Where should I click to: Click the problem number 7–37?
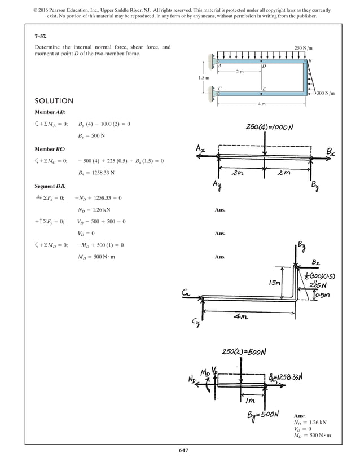[x=40, y=35]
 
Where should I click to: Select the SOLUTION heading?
[x=54, y=101]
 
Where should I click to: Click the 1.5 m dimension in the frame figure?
[x=204, y=77]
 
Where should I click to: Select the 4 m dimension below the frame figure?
[x=262, y=104]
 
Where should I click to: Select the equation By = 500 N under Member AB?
[x=91, y=136]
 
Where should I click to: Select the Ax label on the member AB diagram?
[x=201, y=148]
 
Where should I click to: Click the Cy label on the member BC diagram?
[x=196, y=322]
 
